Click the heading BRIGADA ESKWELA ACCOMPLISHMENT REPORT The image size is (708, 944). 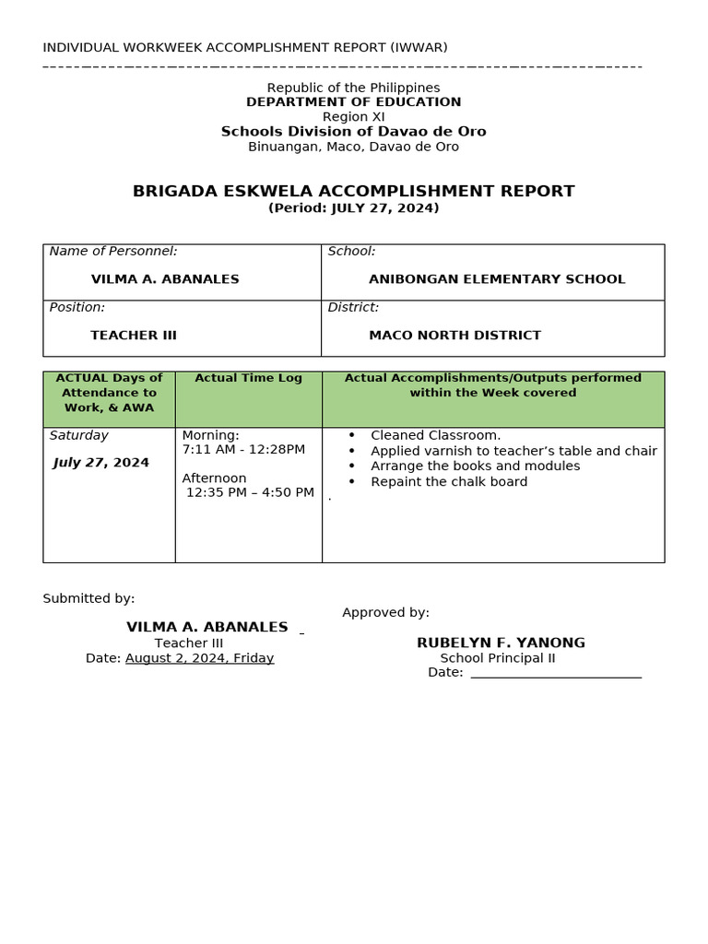pos(353,192)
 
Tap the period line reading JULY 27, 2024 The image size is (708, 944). pos(353,208)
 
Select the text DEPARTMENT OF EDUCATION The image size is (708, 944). pos(353,102)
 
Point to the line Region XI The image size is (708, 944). pos(353,117)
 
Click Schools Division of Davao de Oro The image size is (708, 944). pos(353,132)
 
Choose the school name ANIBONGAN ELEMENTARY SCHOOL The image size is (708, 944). pos(497,279)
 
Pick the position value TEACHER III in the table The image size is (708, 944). pos(134,336)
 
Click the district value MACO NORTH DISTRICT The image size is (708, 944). pos(454,336)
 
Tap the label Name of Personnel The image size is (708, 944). pos(113,251)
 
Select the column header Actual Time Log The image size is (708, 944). pos(248,378)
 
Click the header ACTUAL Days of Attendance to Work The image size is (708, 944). pos(109,393)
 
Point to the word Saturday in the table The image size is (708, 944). pos(79,435)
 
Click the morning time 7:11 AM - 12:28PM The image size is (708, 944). pos(243,450)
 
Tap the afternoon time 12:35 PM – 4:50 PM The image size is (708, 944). pos(250,493)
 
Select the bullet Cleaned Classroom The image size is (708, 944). pos(435,435)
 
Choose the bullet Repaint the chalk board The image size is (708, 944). pos(449,482)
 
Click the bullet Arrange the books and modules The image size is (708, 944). pos(475,466)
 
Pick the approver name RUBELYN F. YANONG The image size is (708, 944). pos(501,643)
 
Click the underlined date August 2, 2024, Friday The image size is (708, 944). pos(199,658)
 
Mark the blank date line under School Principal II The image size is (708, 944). pos(556,673)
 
